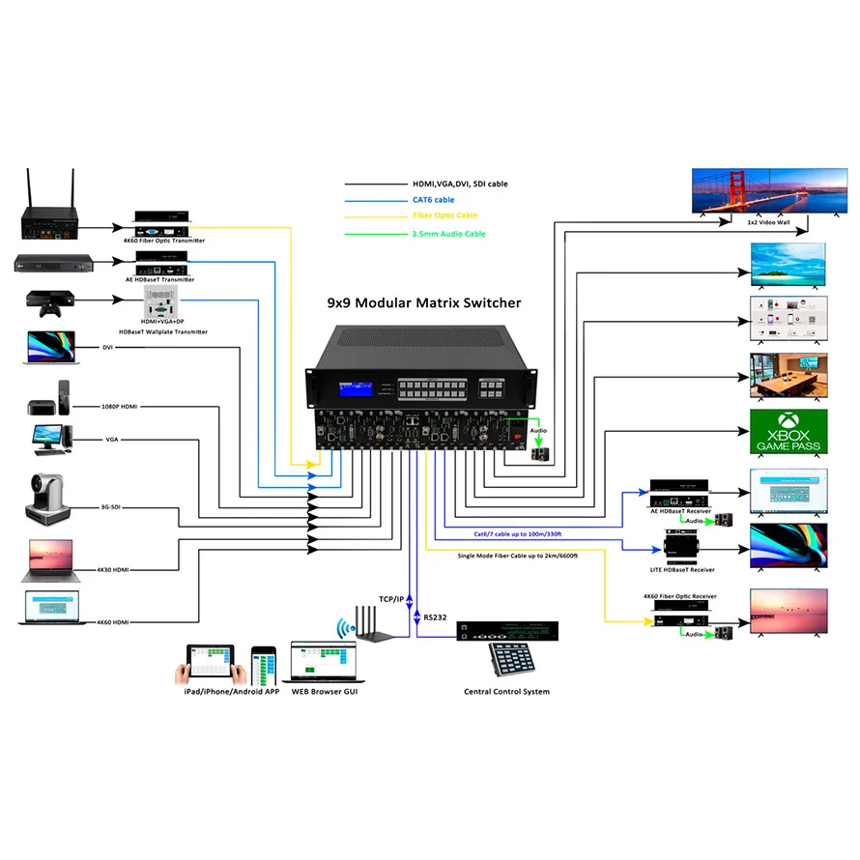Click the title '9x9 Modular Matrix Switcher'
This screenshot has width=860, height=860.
point(424,302)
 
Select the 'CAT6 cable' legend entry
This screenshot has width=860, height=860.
point(433,200)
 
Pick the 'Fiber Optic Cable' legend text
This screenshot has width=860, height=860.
point(444,215)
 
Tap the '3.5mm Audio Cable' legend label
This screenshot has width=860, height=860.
point(448,234)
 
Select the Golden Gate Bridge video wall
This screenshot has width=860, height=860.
point(760,190)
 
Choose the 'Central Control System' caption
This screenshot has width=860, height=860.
point(506,691)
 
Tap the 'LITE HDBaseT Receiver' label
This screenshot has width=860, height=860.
point(688,570)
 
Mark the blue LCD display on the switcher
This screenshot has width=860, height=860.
point(357,390)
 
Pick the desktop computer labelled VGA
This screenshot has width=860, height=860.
point(49,440)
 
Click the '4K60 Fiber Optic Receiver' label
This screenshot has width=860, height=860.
point(679,597)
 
